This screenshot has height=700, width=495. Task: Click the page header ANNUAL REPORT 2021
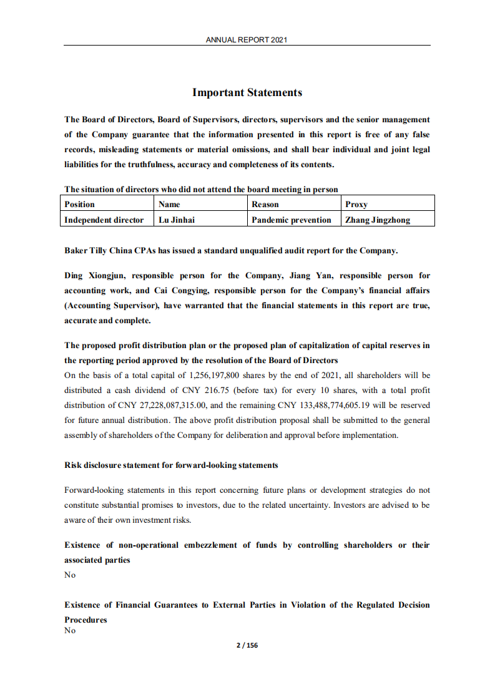[x=247, y=40]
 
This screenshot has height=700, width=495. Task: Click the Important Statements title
[x=247, y=93]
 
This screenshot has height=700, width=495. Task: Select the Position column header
[x=80, y=204]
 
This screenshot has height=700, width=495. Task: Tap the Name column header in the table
[x=170, y=204]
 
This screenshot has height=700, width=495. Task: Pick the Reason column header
[x=265, y=204]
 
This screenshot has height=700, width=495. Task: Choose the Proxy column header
[x=356, y=204]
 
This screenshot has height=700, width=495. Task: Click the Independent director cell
[x=104, y=220]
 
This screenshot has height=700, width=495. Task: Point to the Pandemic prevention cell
[x=292, y=220]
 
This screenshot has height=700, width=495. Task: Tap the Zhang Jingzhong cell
[x=378, y=220]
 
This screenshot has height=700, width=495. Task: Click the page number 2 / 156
[x=247, y=646]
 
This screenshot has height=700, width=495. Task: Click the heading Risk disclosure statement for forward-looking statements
[x=171, y=465]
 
